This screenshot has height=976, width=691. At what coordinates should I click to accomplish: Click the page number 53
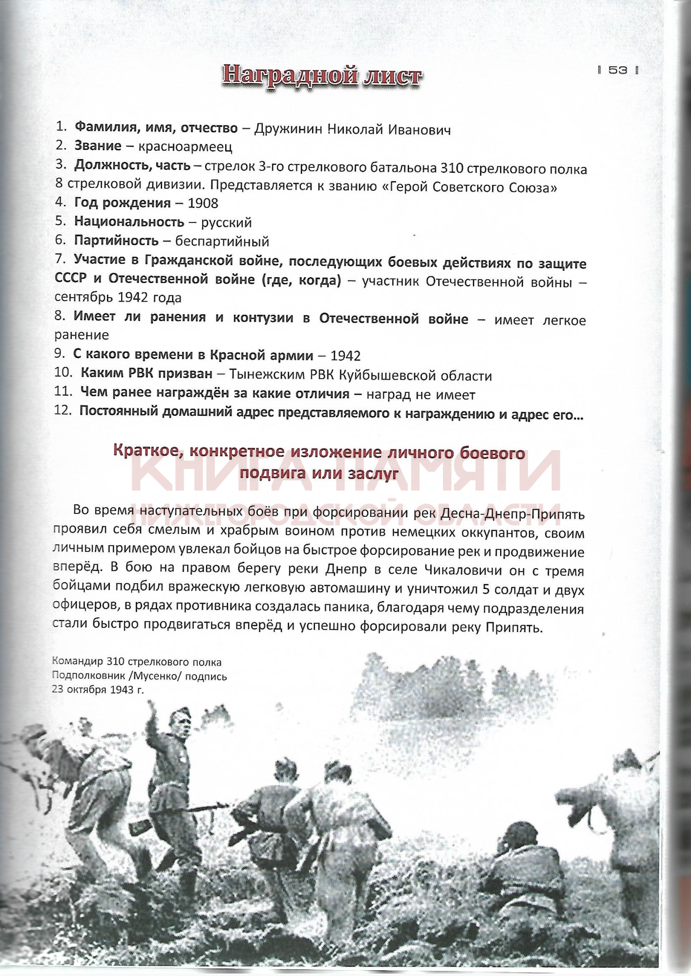(618, 70)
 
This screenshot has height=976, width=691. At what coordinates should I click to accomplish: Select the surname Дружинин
(288, 129)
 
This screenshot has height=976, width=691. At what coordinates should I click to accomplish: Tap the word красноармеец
(185, 146)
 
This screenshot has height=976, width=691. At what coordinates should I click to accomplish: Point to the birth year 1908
(203, 203)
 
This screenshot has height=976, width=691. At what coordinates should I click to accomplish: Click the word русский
(226, 223)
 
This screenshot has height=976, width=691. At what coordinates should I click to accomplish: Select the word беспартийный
(222, 241)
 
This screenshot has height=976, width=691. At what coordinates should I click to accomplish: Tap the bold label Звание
(98, 145)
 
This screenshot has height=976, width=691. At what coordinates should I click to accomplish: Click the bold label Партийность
(116, 241)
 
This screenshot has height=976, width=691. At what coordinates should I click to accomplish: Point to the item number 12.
(63, 411)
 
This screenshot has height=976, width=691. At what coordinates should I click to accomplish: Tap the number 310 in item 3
(452, 169)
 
